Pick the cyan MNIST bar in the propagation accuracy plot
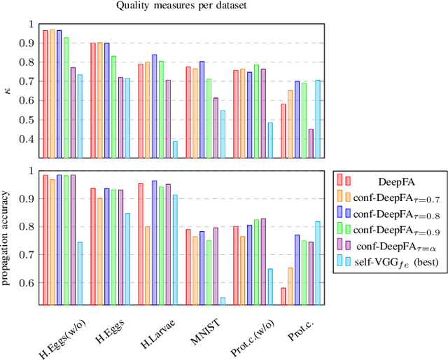(223, 302)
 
